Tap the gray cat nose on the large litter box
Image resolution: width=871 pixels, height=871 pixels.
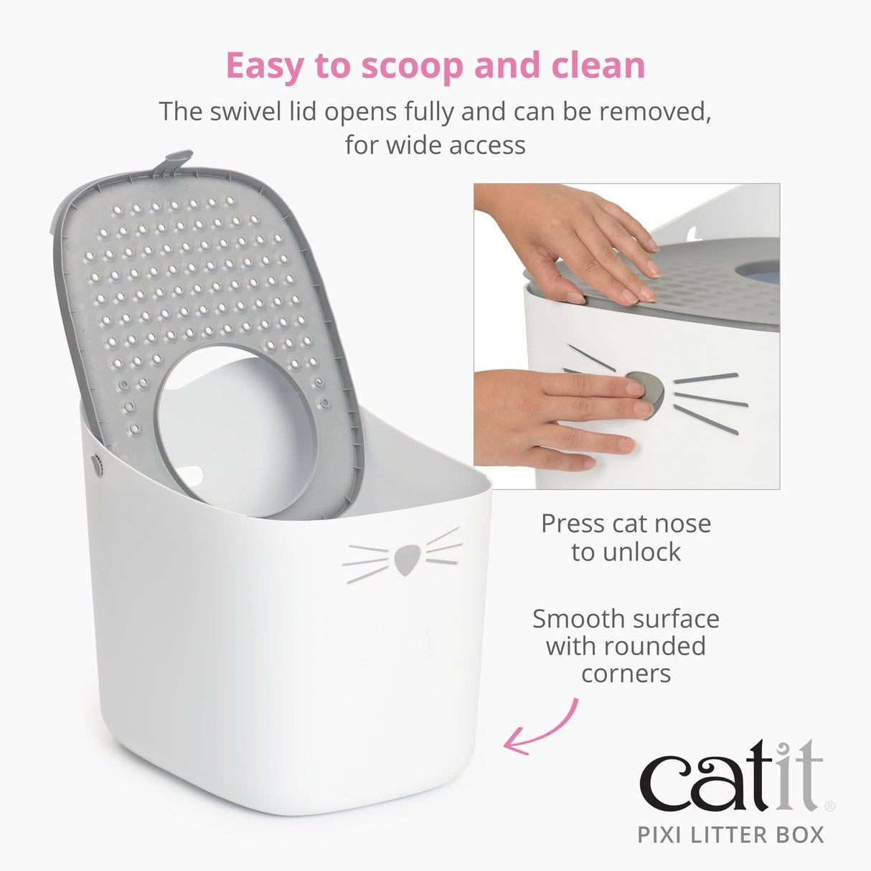(408, 559)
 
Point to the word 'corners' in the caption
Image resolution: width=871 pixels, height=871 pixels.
(626, 674)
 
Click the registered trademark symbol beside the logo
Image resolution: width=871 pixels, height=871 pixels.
(830, 806)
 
